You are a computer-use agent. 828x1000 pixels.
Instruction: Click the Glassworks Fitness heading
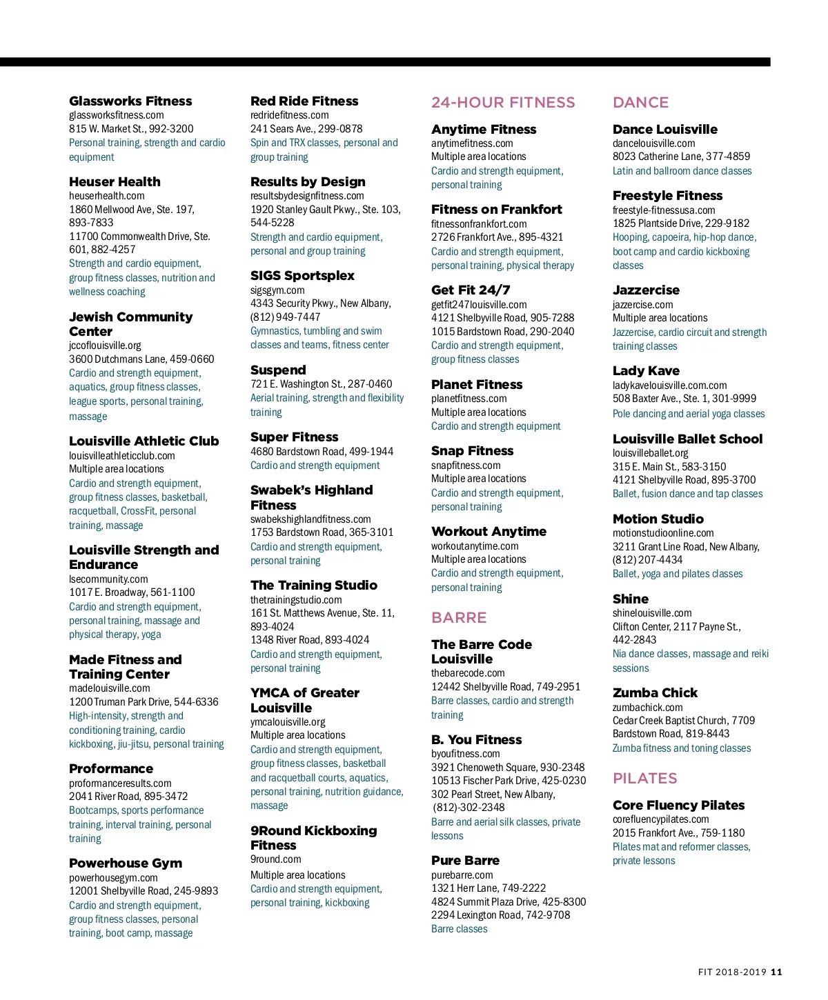point(130,101)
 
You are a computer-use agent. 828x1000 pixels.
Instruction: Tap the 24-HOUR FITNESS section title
point(503,103)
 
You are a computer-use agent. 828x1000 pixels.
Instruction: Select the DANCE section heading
point(640,103)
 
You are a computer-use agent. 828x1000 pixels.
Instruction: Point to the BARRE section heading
point(459,618)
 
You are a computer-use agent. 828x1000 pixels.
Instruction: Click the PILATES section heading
point(644,779)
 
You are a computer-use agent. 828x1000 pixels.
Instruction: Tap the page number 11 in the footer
point(776,972)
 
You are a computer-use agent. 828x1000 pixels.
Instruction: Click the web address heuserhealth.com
point(106,196)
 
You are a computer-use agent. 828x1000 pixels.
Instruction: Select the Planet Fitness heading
point(477,385)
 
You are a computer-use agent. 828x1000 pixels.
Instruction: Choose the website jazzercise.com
point(642,305)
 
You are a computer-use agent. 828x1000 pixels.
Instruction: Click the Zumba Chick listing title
point(655,693)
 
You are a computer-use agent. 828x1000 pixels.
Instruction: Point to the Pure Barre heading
point(465,861)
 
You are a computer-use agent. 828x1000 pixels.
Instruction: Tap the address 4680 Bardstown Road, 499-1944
point(322,452)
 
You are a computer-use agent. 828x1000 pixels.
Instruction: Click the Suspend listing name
point(278,370)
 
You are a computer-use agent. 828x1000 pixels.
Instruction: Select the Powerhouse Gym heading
point(126,863)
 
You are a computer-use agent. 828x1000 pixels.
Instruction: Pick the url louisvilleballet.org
point(650,453)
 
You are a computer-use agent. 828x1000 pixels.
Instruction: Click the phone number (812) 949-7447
point(285,317)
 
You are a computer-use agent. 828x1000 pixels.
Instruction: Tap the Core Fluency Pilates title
point(678,806)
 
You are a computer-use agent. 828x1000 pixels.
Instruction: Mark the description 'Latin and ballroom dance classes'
point(682,171)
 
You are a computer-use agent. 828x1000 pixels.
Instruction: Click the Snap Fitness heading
point(472,451)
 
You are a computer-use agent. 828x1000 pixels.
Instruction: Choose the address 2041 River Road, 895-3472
point(128,797)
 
